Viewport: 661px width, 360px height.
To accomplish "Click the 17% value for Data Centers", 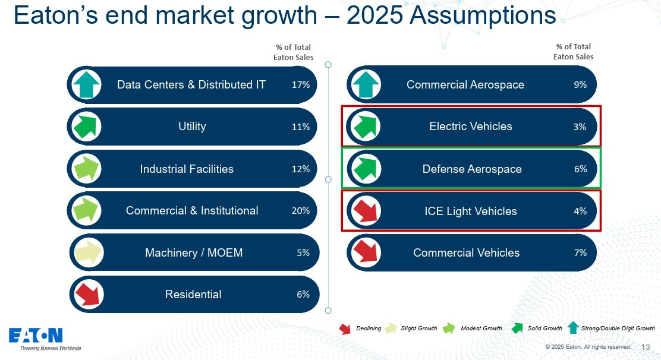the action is pyautogui.click(x=301, y=84).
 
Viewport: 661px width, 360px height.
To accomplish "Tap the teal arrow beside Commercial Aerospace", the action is pyautogui.click(x=366, y=84).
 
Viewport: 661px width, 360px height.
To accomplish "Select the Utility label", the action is pyautogui.click(x=192, y=127).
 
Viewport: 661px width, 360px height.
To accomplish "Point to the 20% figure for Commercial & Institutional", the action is pyautogui.click(x=301, y=210).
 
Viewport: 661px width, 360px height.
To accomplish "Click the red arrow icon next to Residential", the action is pyautogui.click(x=88, y=294).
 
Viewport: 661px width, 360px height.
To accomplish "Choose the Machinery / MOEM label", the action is pyautogui.click(x=194, y=252).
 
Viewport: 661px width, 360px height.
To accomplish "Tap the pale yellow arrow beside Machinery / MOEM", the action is pyautogui.click(x=88, y=252).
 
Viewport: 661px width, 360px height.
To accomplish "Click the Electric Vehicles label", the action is pyautogui.click(x=470, y=127).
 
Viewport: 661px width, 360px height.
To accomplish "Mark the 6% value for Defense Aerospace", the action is pyautogui.click(x=581, y=169).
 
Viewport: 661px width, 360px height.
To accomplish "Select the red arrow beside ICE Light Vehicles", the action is pyautogui.click(x=366, y=211).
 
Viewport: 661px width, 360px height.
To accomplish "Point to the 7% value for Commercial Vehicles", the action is pyautogui.click(x=581, y=252).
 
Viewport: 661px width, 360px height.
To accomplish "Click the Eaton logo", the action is pyautogui.click(x=36, y=336).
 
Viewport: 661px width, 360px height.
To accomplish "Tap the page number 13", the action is pyautogui.click(x=646, y=347).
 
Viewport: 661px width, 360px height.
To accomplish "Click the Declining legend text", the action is pyautogui.click(x=369, y=329).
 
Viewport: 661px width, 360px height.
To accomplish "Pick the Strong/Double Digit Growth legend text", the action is pyautogui.click(x=618, y=329).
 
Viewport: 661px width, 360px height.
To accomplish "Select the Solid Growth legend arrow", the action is pyautogui.click(x=517, y=328).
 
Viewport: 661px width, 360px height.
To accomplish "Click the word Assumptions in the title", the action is pyautogui.click(x=483, y=16).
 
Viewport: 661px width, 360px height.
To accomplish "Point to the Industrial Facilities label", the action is pyautogui.click(x=187, y=169).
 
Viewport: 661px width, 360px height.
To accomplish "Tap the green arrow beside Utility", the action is pyautogui.click(x=86, y=127).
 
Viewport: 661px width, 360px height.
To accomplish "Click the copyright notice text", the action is pyautogui.click(x=588, y=347).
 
